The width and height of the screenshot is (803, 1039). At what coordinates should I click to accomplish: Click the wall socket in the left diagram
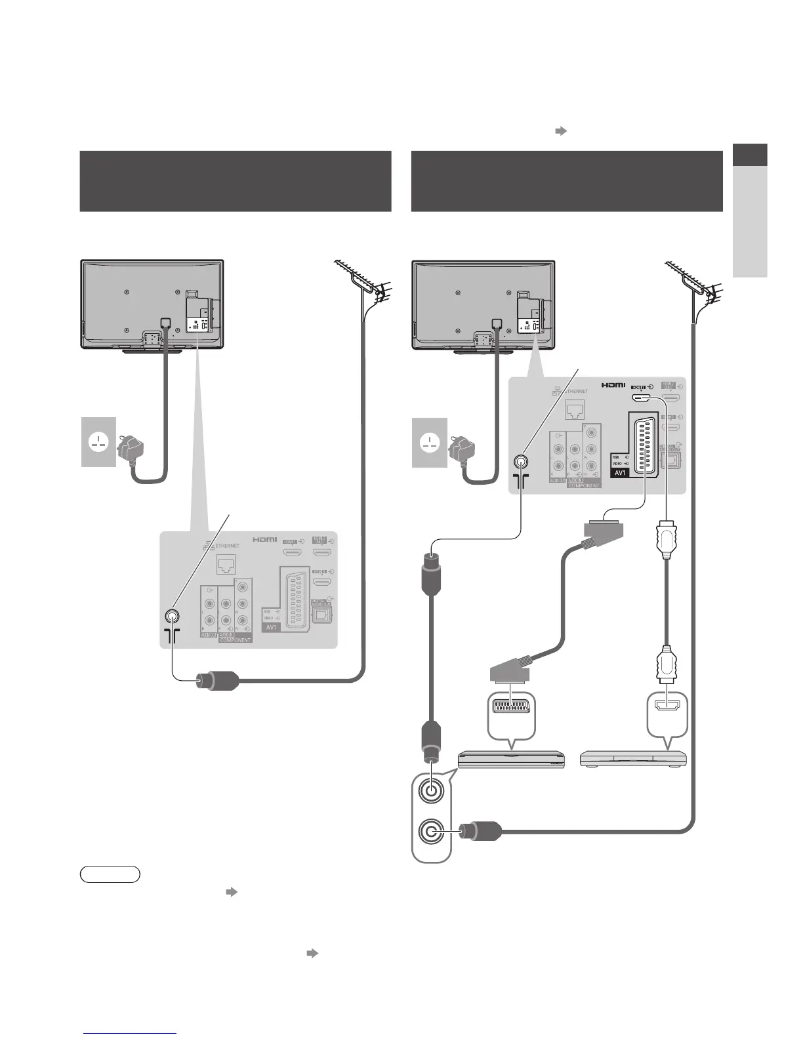[98, 442]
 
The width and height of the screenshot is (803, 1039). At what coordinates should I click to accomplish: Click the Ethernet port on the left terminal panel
[226, 564]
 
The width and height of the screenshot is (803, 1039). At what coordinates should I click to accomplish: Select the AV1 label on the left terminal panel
[272, 627]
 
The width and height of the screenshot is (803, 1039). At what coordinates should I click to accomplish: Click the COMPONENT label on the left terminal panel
[235, 640]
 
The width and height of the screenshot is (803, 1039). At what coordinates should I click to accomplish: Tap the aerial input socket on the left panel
[172, 617]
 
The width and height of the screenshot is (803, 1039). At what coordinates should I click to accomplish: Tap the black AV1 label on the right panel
[621, 472]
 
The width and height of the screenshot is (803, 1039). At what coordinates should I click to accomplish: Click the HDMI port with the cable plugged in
[641, 397]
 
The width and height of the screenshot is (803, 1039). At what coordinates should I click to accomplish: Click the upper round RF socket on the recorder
[430, 790]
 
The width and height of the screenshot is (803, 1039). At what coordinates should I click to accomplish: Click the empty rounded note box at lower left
[110, 874]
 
